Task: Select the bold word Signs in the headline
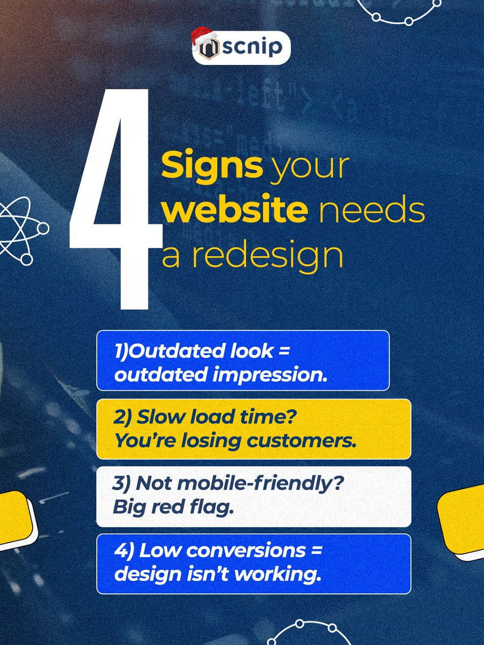(212, 168)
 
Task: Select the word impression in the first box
(280, 375)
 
